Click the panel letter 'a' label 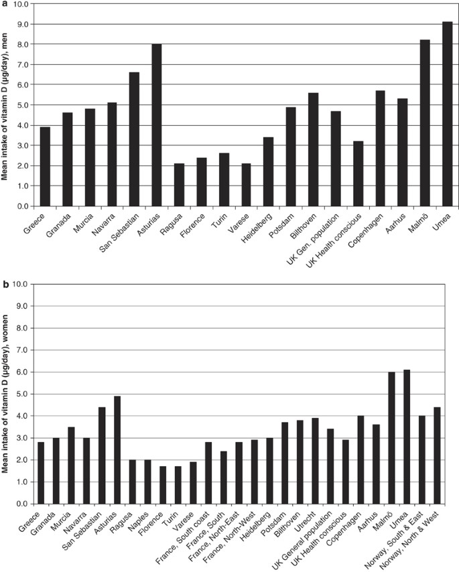click(5, 4)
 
